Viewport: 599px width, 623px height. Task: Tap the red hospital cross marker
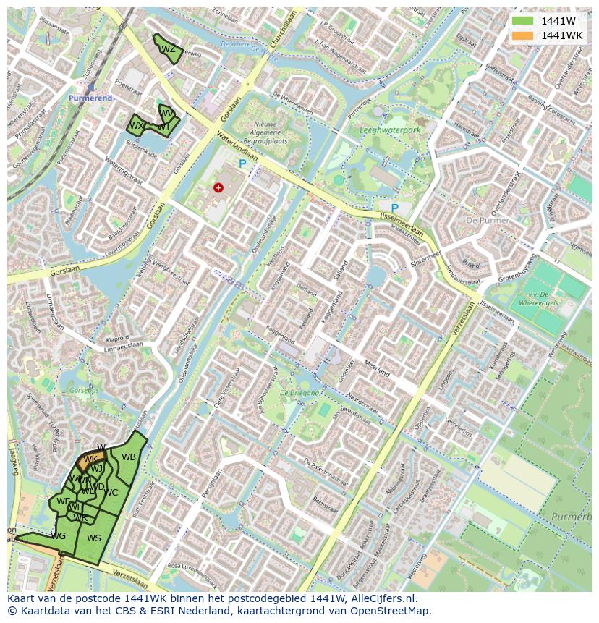[218, 188]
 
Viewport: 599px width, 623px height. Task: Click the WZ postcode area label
[168, 49]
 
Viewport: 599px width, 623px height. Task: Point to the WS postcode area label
[94, 538]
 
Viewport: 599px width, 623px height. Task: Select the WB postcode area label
[128, 457]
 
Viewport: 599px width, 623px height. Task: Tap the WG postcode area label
[59, 535]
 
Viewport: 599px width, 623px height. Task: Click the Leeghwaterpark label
[390, 131]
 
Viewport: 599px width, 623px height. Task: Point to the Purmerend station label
[90, 98]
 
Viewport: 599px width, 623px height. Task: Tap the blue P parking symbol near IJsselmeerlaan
[395, 208]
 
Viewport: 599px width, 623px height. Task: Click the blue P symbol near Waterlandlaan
[242, 165]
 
